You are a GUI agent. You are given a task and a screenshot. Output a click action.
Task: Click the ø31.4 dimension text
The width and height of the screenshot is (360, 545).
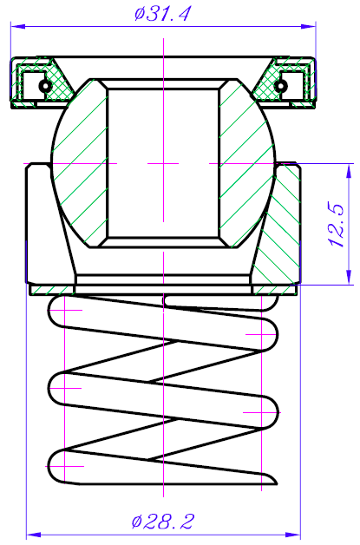[162, 14]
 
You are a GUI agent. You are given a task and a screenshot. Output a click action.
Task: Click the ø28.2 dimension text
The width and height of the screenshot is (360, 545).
[162, 522]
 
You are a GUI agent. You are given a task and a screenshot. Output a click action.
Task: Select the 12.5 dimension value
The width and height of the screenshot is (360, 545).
[337, 226]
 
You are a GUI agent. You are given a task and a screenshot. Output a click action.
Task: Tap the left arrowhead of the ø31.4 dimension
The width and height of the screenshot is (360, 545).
[18, 26]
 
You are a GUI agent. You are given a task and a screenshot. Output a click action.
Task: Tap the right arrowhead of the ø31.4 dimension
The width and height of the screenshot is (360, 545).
[309, 26]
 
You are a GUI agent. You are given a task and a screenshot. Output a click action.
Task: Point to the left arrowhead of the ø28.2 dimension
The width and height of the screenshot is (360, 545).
[34, 535]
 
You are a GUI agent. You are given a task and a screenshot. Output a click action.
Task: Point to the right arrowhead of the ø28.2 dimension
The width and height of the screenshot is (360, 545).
[293, 535]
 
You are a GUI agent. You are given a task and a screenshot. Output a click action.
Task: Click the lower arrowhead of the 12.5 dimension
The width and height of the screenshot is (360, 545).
[349, 278]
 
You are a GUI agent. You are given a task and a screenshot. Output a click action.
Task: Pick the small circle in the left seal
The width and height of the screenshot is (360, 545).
[44, 85]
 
